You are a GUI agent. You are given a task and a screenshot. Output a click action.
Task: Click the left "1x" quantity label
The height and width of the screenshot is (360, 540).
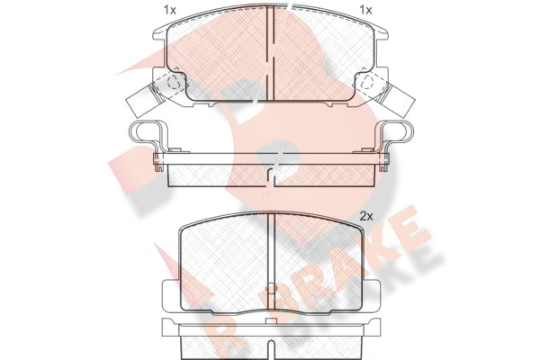[169, 10]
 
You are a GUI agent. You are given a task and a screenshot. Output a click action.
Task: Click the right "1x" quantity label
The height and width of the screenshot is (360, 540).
[365, 10]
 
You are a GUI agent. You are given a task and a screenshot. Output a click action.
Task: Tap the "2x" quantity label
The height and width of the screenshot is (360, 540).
[366, 217]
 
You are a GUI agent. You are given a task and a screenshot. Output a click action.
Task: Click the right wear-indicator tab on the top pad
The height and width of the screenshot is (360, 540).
[398, 101]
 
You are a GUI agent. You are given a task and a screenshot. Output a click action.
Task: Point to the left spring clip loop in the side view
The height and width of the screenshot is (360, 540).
[145, 131]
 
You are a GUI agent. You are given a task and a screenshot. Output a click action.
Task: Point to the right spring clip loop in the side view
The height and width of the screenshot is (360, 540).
[396, 131]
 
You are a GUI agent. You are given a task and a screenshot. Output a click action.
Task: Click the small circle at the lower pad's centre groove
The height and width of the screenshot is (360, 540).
[272, 290]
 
